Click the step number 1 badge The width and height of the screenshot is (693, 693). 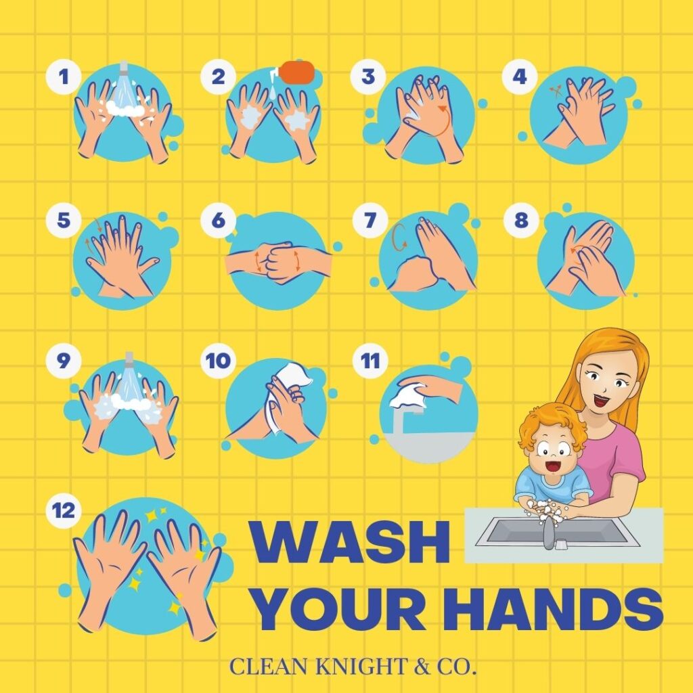[x=64, y=76]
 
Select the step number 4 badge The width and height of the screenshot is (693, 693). [x=520, y=76]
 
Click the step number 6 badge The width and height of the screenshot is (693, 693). [x=219, y=220]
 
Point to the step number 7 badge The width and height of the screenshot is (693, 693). [x=370, y=220]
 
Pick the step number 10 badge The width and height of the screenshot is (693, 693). [x=219, y=361]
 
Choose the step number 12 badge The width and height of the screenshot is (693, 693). [x=64, y=510]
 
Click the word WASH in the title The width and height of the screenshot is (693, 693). [x=350, y=542]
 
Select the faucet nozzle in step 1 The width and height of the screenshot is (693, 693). [x=123, y=68]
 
